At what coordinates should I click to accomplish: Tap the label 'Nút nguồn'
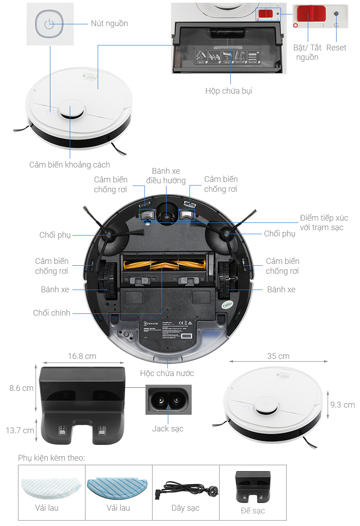point(109,23)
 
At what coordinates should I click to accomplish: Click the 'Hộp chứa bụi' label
point(229,91)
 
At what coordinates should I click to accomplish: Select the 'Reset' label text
point(336,48)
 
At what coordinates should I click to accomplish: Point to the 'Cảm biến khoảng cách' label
point(70,165)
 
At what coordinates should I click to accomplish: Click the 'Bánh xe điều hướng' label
point(166,176)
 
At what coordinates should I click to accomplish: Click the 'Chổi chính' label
point(52,313)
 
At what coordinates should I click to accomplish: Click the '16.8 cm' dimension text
point(82,356)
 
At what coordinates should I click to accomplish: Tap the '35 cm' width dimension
point(278,356)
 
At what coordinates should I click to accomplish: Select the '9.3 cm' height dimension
point(342,404)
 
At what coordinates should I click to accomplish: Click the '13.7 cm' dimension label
point(20,430)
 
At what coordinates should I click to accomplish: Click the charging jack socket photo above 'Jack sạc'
point(168,399)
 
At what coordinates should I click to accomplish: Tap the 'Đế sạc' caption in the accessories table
point(252,510)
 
